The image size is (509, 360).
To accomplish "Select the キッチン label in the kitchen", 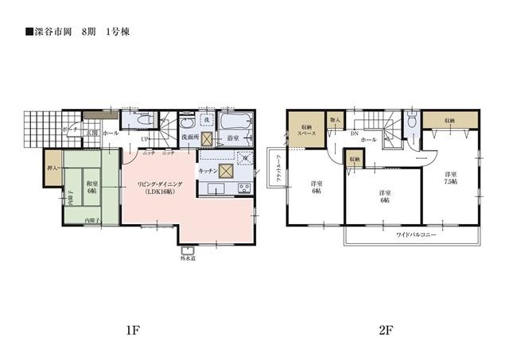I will coord(208,171).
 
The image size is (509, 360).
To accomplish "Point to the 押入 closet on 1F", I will coord(52,168).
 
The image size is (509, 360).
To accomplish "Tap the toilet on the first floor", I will coord(188,124).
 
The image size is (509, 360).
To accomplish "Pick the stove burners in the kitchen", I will coord(243,188).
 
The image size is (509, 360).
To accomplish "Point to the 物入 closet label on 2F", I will coord(335,121).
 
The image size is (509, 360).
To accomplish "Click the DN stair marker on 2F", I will coord(355,133).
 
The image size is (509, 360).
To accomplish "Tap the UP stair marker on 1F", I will coord(144,138).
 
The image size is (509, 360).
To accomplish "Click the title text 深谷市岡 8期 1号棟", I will coord(75,33).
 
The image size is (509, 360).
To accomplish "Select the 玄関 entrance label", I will coord(91,134).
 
